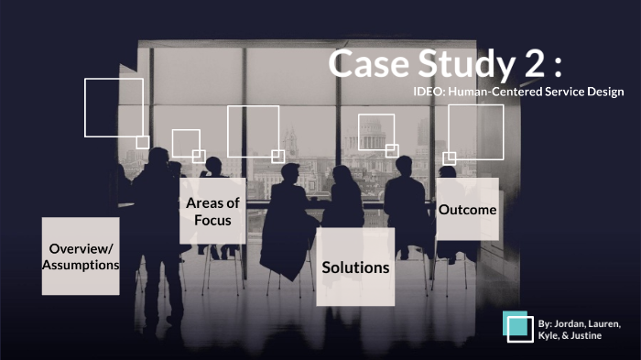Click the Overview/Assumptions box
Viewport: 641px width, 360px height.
point(81,256)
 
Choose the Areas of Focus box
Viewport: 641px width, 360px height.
point(212,212)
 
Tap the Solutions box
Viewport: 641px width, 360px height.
point(355,267)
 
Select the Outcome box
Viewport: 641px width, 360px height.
point(467,210)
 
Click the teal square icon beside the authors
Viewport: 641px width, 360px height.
point(518,327)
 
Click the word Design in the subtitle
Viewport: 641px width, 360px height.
point(605,92)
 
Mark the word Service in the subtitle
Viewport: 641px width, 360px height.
point(560,92)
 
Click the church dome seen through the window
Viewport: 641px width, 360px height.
point(292,142)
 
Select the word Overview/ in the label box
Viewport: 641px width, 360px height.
point(81,249)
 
